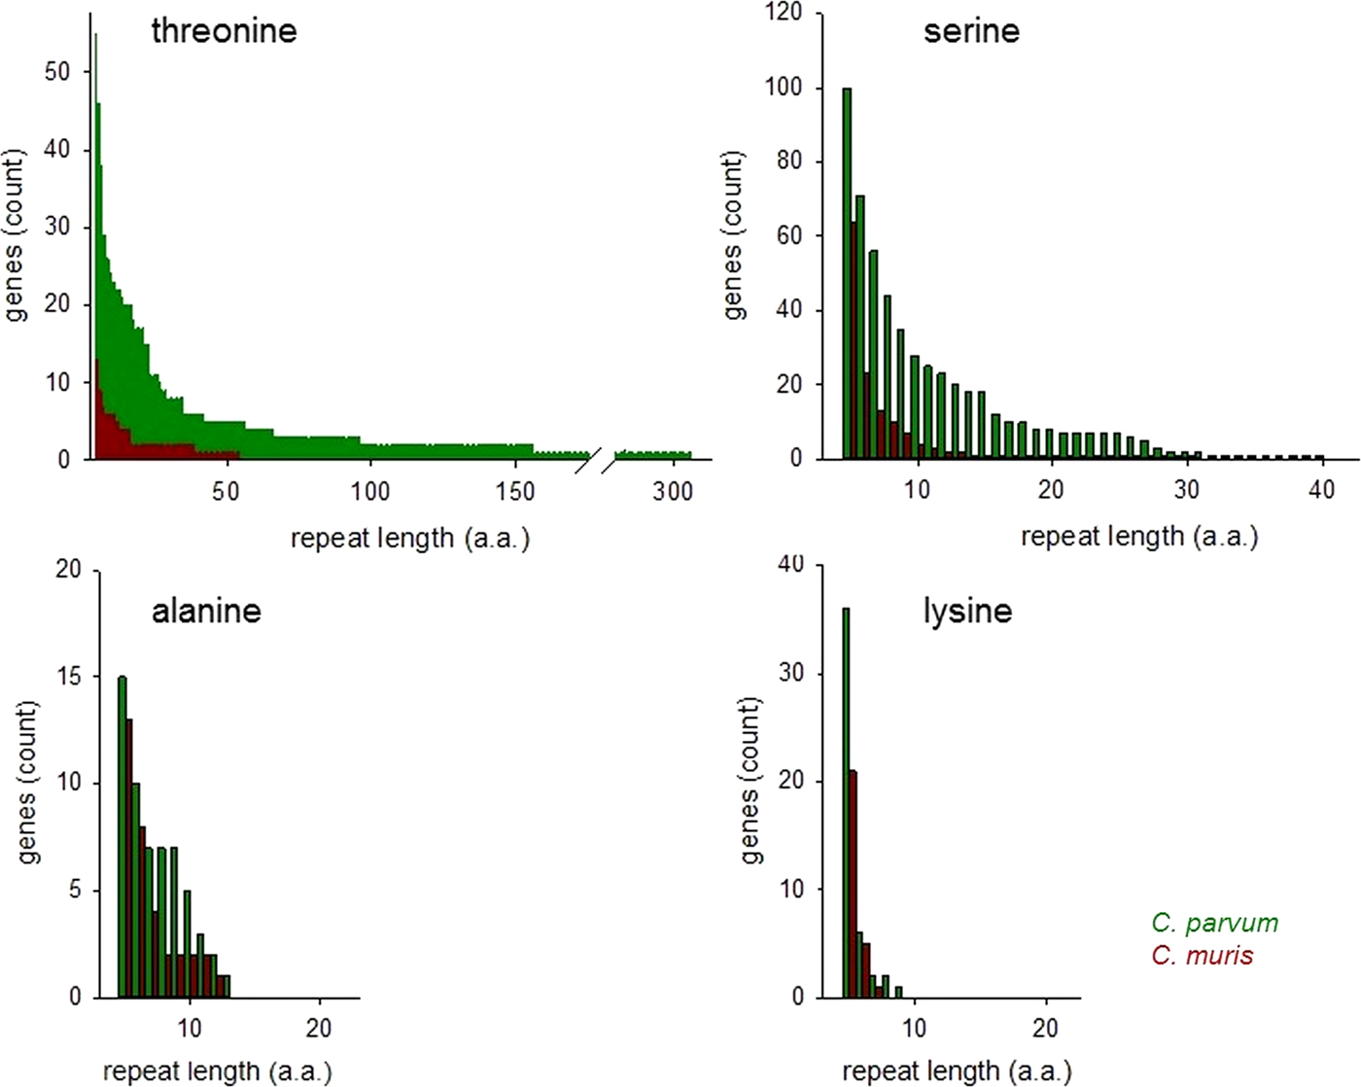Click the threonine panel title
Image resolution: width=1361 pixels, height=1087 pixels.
pyautogui.click(x=224, y=31)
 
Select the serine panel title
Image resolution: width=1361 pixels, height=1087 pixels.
pyautogui.click(x=971, y=31)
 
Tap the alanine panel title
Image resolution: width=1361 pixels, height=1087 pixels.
pyautogui.click(x=206, y=611)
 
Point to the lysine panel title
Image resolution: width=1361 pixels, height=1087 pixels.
pyautogui.click(x=967, y=611)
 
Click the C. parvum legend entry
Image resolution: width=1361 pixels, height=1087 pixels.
pyautogui.click(x=1214, y=923)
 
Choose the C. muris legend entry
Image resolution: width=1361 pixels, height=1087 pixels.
pyautogui.click(x=1202, y=955)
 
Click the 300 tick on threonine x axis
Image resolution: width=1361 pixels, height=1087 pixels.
pyautogui.click(x=673, y=491)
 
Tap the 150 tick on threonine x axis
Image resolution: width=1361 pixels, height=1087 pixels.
pyautogui.click(x=515, y=491)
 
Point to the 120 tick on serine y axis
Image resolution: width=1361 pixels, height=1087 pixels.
pyautogui.click(x=784, y=13)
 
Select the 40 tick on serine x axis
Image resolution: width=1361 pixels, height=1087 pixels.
pyautogui.click(x=1321, y=489)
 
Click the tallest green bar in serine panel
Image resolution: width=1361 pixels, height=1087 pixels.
pyautogui.click(x=847, y=272)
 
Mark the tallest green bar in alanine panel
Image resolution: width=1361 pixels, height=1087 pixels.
pyautogui.click(x=122, y=836)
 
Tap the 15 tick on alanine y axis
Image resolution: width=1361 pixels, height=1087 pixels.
pyautogui.click(x=69, y=676)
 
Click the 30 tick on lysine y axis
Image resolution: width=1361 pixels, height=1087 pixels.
pyautogui.click(x=791, y=673)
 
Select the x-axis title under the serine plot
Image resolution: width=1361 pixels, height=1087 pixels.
pyautogui.click(x=1139, y=537)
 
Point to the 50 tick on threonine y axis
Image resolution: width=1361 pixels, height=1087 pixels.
pyautogui.click(x=57, y=72)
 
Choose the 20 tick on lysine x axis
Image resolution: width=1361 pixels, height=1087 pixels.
pyautogui.click(x=1045, y=1028)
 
